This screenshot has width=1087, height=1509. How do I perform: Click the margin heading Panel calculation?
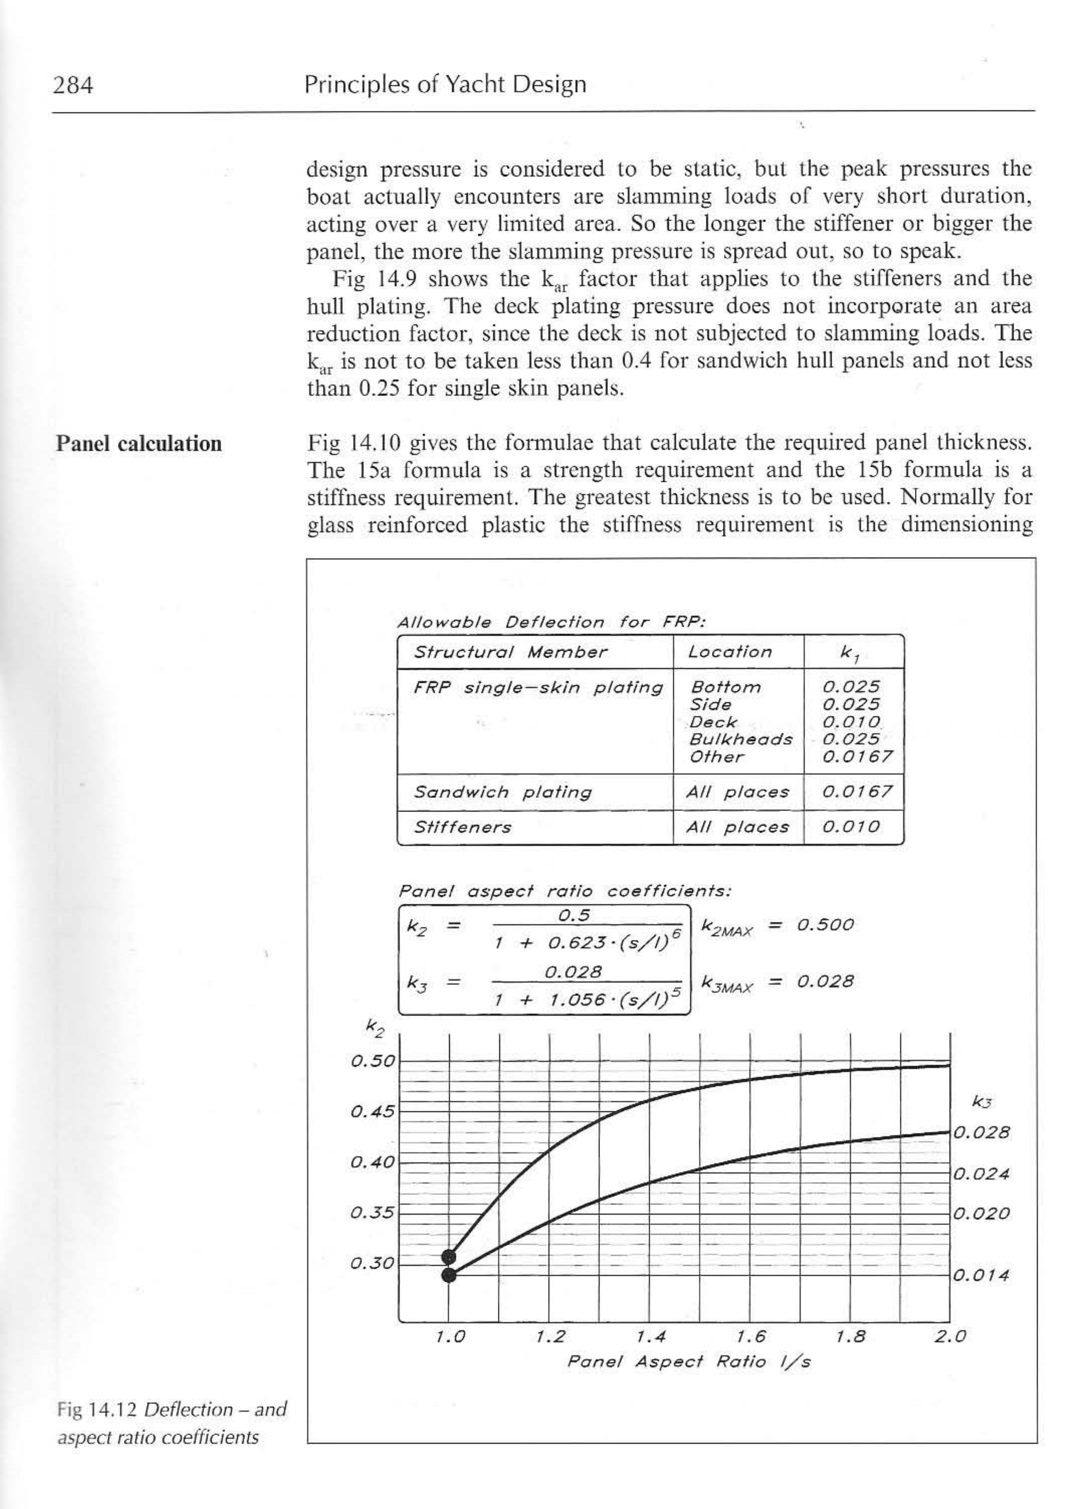138,443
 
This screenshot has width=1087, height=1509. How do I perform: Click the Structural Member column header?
510,652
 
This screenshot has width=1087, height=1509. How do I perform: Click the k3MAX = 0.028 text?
778,982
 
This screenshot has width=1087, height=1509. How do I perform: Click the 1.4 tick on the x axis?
651,1337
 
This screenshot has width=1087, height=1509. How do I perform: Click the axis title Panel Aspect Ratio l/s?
688,1362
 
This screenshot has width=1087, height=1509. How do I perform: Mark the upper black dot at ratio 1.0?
449,1257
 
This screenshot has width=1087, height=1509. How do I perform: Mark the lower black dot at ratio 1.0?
449,1275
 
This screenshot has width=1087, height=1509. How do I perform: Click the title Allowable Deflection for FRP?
551,623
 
